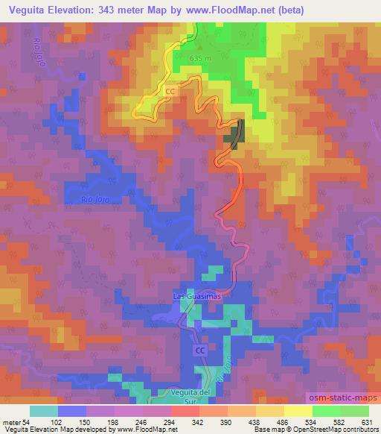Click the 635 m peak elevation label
(202, 57)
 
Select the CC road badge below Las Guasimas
(200, 350)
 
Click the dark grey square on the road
(237, 134)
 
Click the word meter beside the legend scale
(10, 422)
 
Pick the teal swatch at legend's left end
(44, 411)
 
